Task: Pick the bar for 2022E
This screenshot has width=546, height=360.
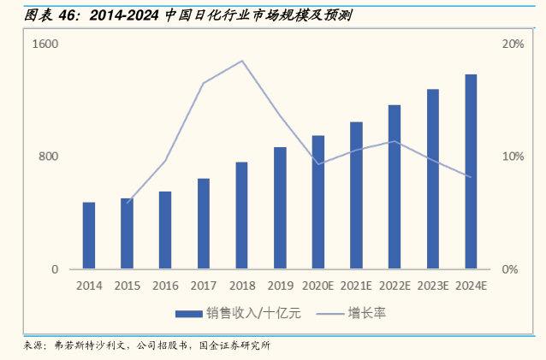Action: click(x=395, y=187)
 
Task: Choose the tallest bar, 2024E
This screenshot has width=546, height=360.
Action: click(x=471, y=172)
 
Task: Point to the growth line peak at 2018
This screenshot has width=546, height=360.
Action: click(x=242, y=61)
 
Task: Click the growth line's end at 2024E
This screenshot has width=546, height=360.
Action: click(x=471, y=177)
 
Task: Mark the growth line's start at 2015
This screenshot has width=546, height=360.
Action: click(x=127, y=203)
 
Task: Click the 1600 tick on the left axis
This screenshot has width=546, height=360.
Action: click(x=45, y=44)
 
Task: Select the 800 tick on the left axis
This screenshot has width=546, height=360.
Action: click(x=48, y=156)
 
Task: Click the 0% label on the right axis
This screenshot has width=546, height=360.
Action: click(x=510, y=269)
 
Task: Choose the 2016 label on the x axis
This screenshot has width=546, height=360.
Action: click(x=165, y=286)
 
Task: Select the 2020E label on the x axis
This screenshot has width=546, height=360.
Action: click(x=318, y=286)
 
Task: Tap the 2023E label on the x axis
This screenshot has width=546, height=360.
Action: click(x=433, y=286)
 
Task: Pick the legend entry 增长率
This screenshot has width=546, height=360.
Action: click(x=366, y=313)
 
